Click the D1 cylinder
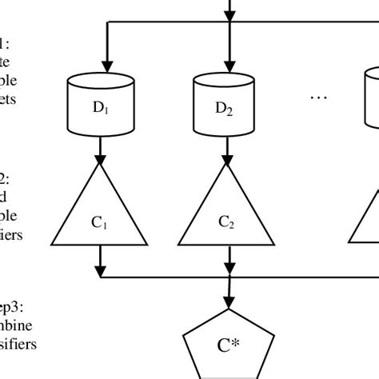pyautogui.click(x=101, y=104)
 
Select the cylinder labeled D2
pyautogui.click(x=229, y=104)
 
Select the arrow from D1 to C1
pyautogui.click(x=101, y=148)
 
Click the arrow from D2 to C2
pyautogui.click(x=229, y=148)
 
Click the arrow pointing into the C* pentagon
pyautogui.click(x=229, y=296)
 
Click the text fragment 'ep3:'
pyautogui.click(x=15, y=305)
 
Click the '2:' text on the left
pyautogui.click(x=6, y=178)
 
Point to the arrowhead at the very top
pyautogui.click(x=229, y=13)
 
